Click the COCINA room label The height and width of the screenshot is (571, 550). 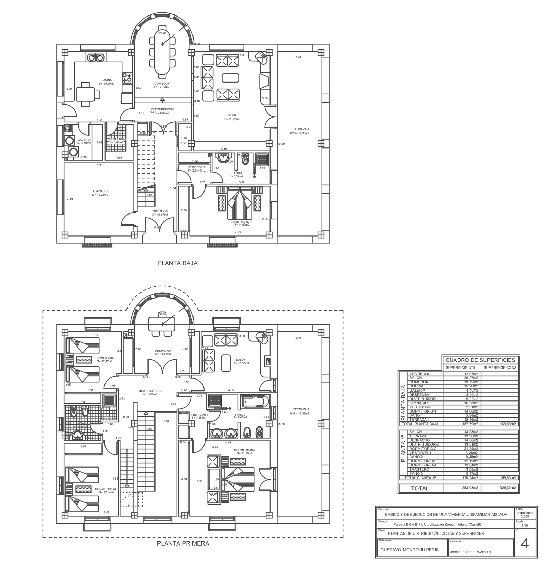click(106, 80)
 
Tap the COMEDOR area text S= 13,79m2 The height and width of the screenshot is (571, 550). click(162, 87)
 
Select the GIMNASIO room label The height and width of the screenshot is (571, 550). click(100, 191)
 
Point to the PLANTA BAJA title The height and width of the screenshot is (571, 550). click(177, 263)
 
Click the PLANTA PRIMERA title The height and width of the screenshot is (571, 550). click(183, 543)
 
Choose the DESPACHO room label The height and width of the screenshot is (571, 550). click(163, 351)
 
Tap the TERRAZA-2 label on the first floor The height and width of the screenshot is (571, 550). click(301, 409)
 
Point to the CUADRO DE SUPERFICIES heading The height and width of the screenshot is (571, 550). click(480, 360)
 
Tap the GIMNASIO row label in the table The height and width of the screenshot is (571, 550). click(418, 403)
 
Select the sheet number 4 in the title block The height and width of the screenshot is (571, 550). click(525, 544)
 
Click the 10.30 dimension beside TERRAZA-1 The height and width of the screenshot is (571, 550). click(281, 144)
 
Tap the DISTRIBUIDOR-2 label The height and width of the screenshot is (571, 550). click(150, 391)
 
